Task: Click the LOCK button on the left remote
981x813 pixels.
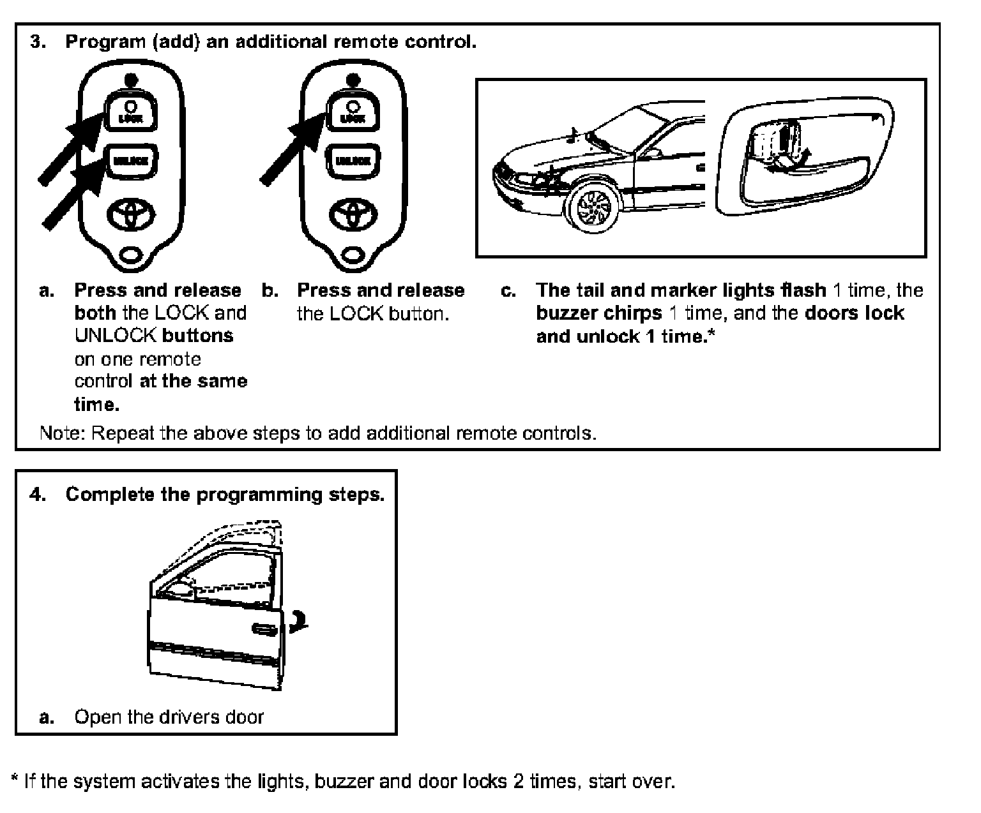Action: coord(130,112)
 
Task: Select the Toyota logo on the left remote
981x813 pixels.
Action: coord(130,213)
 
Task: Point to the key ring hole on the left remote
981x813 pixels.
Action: coord(130,255)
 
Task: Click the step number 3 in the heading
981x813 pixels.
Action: coord(38,43)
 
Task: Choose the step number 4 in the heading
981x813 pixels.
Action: coord(38,495)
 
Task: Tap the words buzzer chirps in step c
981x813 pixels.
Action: coord(599,314)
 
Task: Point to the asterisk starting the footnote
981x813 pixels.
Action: coord(15,779)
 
